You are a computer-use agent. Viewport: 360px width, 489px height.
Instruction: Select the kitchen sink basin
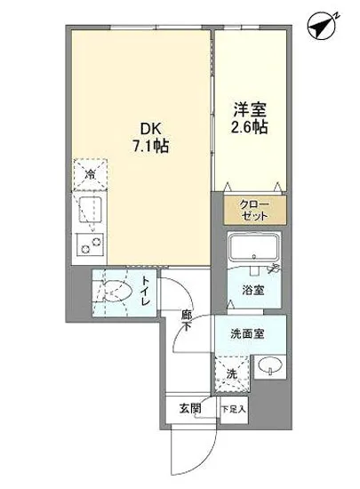pyautogui.click(x=90, y=211)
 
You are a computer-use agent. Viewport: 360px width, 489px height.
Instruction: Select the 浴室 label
pyautogui.click(x=253, y=289)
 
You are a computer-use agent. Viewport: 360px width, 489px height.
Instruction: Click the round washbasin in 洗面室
pyautogui.click(x=268, y=365)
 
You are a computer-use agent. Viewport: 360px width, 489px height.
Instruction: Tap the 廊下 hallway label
pyautogui.click(x=187, y=320)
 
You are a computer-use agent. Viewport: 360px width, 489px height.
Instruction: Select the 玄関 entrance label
pyautogui.click(x=190, y=410)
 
